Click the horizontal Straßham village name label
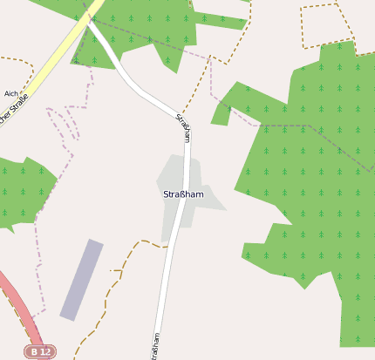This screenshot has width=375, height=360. coord(183,194)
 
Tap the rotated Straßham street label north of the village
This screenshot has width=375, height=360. coord(184,128)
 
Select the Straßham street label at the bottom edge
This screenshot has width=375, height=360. coord(155,346)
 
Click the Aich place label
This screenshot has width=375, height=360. coord(11,93)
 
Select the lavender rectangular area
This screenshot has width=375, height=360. coord(81,280)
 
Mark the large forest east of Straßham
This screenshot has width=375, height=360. coord(314,200)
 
